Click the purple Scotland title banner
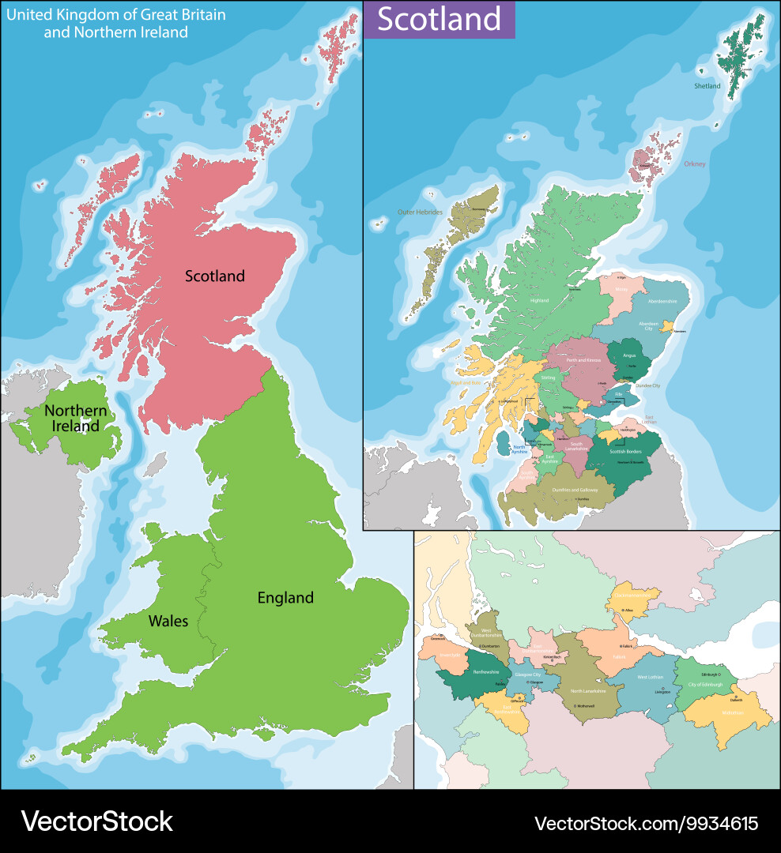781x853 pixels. pos(439,20)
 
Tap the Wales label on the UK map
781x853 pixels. pos(168,621)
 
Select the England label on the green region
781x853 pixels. pos(285,598)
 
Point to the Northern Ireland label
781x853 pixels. pos(75,419)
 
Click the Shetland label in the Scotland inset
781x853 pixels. pos(707,86)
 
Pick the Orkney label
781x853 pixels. pos(695,164)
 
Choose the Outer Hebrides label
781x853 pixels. pos(419,212)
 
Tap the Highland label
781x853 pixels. pos(539,300)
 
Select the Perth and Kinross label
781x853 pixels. pos(584,360)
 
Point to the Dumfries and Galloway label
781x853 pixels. pos(569,490)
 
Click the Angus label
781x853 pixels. pos(630,356)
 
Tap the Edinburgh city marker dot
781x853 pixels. pos(719,675)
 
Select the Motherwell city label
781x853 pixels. pos(586,705)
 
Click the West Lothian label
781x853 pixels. pos(651,677)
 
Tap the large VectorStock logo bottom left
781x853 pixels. pos(96,821)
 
